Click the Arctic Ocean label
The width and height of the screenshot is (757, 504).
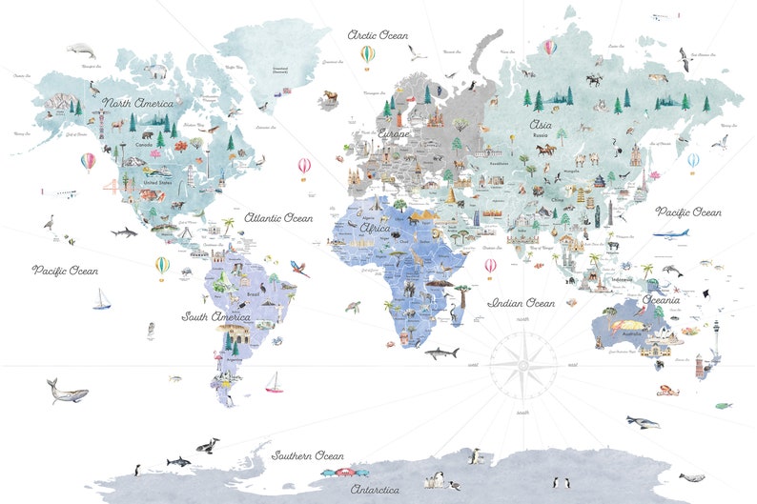378,35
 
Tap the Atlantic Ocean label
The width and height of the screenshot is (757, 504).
278,218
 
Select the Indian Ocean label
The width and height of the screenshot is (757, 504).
521,303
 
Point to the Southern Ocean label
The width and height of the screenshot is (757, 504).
308,455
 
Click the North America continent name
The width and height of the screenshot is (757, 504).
138,103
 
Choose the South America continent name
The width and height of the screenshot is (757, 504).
216,316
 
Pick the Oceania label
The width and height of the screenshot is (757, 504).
660,300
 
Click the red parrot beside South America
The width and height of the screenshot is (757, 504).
300,269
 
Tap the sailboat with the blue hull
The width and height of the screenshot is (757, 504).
101,301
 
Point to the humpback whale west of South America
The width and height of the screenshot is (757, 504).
67,391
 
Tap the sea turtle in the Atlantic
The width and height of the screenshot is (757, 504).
354,306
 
